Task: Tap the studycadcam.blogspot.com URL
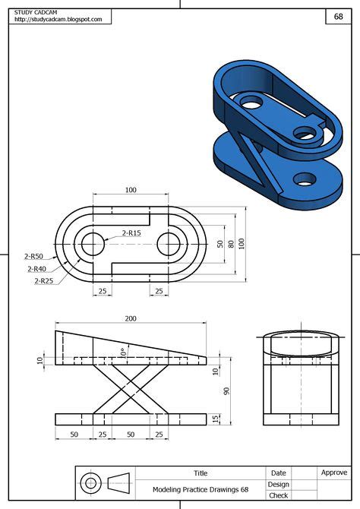(x=58, y=20)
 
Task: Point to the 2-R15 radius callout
(x=131, y=233)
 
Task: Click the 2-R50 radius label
(x=34, y=256)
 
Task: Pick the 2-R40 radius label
(x=37, y=268)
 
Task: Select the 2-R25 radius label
(x=43, y=281)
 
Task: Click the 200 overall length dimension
(x=131, y=318)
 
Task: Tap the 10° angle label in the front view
(x=122, y=352)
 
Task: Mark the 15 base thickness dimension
(x=216, y=419)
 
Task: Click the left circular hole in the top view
(x=93, y=244)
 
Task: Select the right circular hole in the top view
(x=169, y=244)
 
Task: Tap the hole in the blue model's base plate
(x=305, y=179)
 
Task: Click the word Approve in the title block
(x=334, y=473)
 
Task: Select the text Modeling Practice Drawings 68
(x=201, y=490)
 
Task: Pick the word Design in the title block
(x=278, y=484)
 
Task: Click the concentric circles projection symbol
(x=91, y=483)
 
